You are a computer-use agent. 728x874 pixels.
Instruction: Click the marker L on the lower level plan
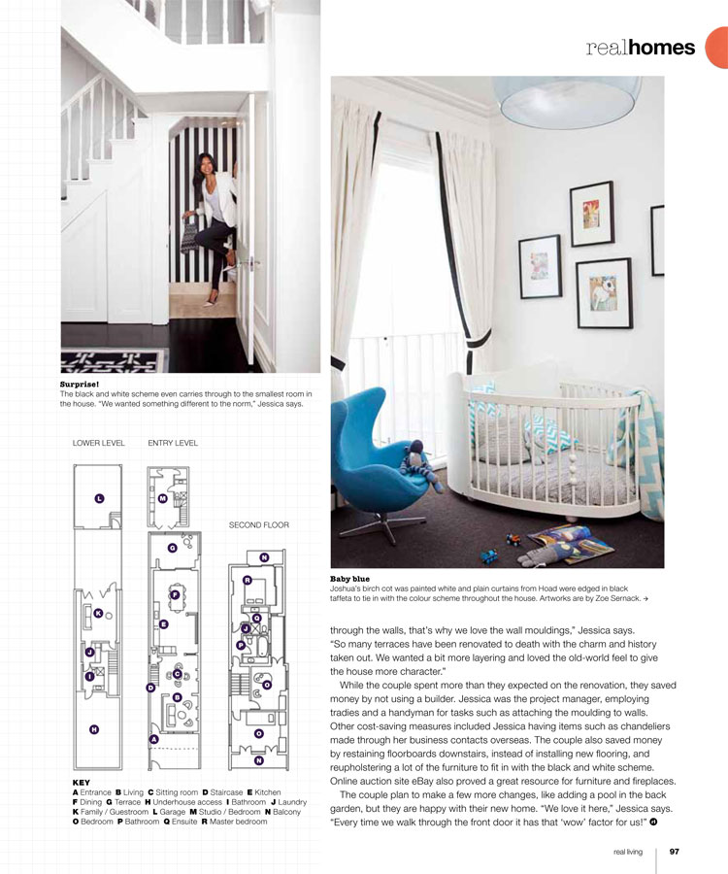click(x=99, y=498)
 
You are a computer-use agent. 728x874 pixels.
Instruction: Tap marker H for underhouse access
click(x=93, y=729)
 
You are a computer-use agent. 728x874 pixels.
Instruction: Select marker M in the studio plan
click(x=162, y=498)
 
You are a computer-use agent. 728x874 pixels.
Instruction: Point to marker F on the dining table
click(x=174, y=594)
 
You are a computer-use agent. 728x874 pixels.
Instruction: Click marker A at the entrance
click(x=153, y=739)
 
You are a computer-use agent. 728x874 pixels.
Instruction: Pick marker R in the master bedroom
click(x=248, y=581)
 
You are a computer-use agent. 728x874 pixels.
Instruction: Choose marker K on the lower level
click(x=98, y=613)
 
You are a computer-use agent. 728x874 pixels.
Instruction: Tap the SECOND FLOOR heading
click(x=258, y=525)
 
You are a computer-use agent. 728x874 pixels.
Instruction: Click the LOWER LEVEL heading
click(x=99, y=443)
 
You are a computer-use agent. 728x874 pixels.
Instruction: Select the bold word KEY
click(x=82, y=780)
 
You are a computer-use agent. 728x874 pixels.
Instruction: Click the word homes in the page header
click(x=662, y=48)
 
